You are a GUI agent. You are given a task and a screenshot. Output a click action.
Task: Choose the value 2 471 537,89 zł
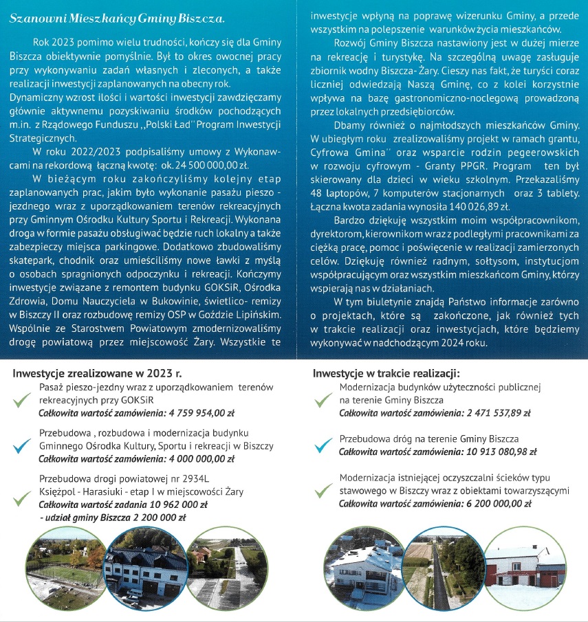488,413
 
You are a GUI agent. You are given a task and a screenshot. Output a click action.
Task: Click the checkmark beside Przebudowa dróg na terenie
322,445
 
